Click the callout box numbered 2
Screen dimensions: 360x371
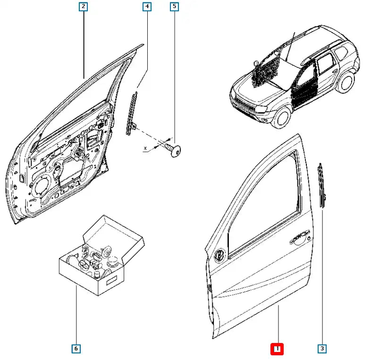point(83,7)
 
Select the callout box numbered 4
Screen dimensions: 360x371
point(147,7)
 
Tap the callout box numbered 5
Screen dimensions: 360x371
point(175,7)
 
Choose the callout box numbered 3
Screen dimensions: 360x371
point(321,349)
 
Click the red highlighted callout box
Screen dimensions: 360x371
point(277,349)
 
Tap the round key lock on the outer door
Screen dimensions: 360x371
point(220,255)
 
